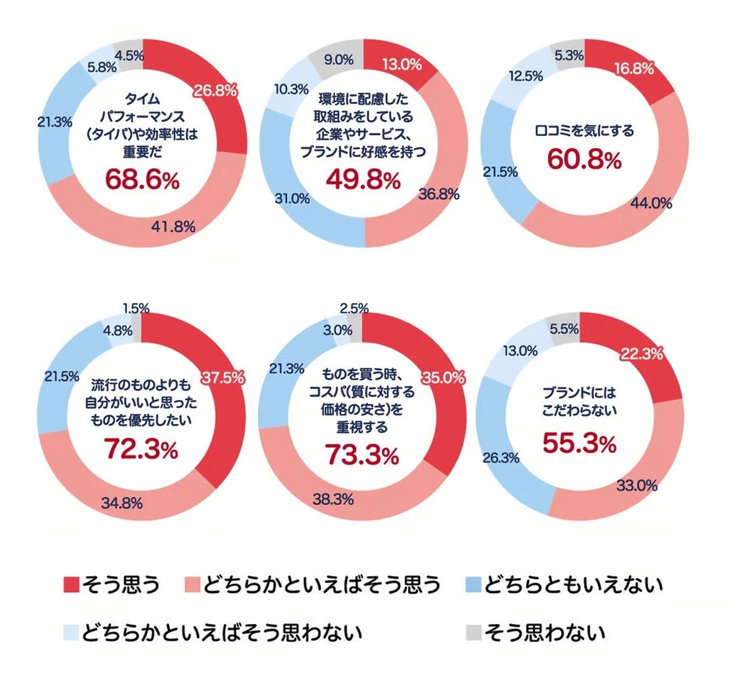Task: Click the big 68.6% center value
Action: pyautogui.click(x=142, y=180)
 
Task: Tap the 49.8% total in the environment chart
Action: pyautogui.click(x=363, y=180)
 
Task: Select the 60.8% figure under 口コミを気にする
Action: pyautogui.click(x=584, y=159)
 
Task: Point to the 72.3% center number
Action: pyautogui.click(x=141, y=450)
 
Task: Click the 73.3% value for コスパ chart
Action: pyautogui.click(x=362, y=454)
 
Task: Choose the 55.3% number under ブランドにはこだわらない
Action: pyautogui.click(x=579, y=444)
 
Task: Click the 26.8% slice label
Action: pyautogui.click(x=215, y=91)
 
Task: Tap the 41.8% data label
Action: pyautogui.click(x=173, y=226)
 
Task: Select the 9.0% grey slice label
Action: pyautogui.click(x=338, y=60)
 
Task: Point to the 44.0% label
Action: pyautogui.click(x=651, y=203)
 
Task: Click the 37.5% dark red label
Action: pyautogui.click(x=223, y=378)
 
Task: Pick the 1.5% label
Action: pyautogui.click(x=136, y=308)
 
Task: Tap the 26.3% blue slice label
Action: pyautogui.click(x=501, y=458)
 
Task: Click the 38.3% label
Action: pyautogui.click(x=333, y=499)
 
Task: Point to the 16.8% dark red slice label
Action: pyautogui.click(x=634, y=69)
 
